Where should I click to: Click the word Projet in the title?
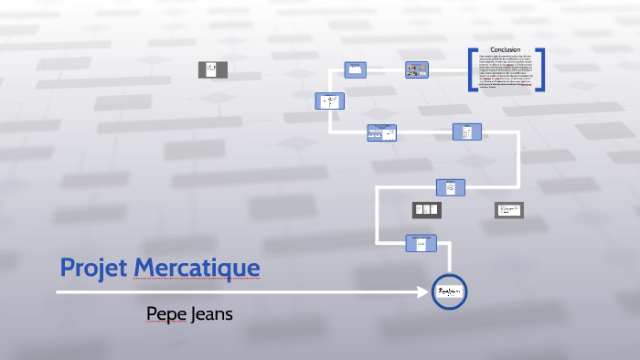(x=93, y=268)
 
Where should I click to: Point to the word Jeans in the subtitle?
(x=212, y=313)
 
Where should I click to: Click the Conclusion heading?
(x=506, y=49)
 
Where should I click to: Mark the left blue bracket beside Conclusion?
(x=472, y=69)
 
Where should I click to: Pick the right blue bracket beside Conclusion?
(x=541, y=69)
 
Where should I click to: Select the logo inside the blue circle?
(x=449, y=291)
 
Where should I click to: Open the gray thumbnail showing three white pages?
(x=426, y=209)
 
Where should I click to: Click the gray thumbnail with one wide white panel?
(x=508, y=210)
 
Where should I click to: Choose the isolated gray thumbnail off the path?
(x=213, y=69)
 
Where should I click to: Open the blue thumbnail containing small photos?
(x=417, y=69)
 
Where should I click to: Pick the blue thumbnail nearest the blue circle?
(x=421, y=242)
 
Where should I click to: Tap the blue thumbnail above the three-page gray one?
(x=450, y=187)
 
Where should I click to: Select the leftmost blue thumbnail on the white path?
(x=329, y=101)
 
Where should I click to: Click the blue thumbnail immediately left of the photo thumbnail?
(x=355, y=69)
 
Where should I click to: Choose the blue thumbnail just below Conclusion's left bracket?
(x=466, y=132)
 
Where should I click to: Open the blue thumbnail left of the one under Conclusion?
(x=381, y=132)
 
